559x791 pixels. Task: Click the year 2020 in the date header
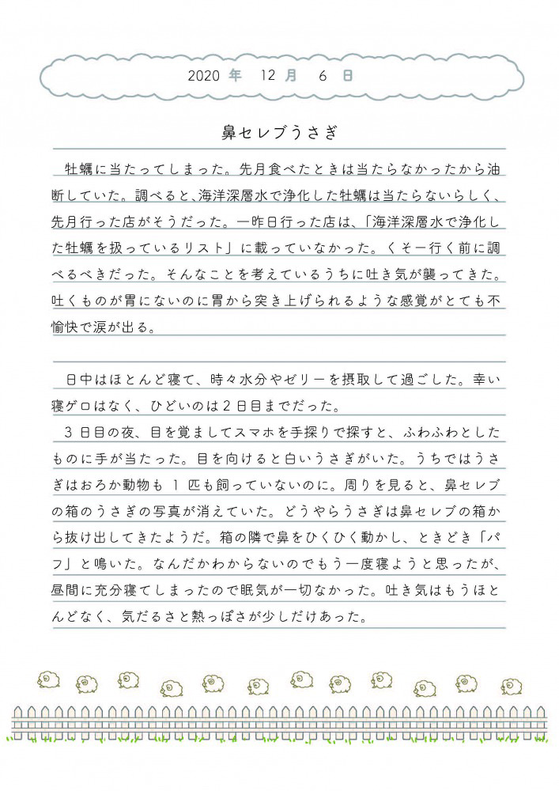click(x=203, y=77)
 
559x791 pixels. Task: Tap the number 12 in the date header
click(x=266, y=77)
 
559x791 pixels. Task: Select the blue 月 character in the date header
click(x=292, y=77)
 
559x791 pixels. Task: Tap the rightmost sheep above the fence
click(x=512, y=686)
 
